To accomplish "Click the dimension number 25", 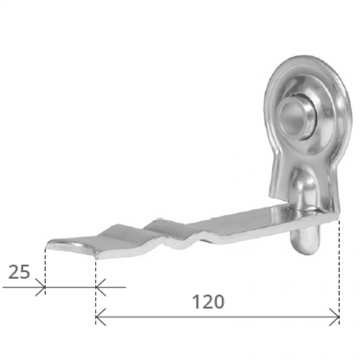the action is tap(19, 272).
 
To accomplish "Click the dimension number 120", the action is tap(208, 302).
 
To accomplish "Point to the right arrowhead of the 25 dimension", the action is tap(99, 287).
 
